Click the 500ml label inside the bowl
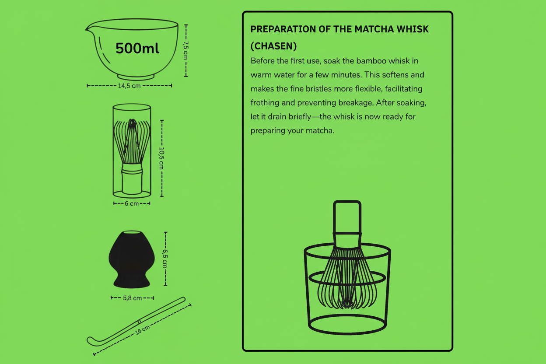(137, 48)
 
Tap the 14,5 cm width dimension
(129, 86)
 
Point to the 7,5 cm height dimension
(185, 50)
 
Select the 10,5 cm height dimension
(161, 158)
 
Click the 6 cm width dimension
(132, 203)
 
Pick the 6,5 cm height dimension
(165, 259)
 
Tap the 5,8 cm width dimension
(132, 298)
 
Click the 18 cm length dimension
(143, 329)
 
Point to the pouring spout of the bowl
(88, 29)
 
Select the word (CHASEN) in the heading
(273, 46)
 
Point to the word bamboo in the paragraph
(372, 60)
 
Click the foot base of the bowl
(136, 77)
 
